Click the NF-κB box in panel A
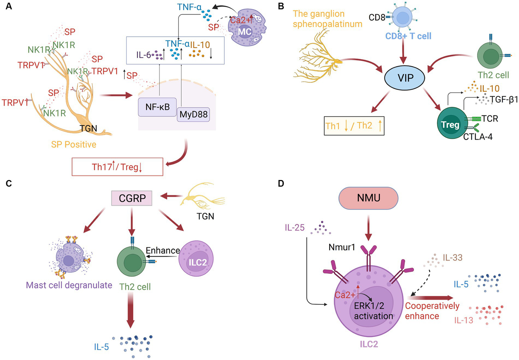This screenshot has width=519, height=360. pyautogui.click(x=157, y=107)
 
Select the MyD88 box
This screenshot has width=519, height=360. pyautogui.click(x=193, y=114)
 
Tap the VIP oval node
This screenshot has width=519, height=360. pyautogui.click(x=405, y=78)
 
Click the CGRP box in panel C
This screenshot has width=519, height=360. pyautogui.click(x=132, y=198)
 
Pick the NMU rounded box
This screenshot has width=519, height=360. pyautogui.click(x=369, y=198)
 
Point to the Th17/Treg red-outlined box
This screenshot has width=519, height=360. pyautogui.click(x=117, y=167)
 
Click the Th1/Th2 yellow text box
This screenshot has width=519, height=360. pyautogui.click(x=354, y=126)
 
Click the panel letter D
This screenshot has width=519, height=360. pyautogui.click(x=281, y=183)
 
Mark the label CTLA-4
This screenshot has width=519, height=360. pyautogui.click(x=477, y=137)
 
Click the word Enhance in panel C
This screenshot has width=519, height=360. pyautogui.click(x=163, y=250)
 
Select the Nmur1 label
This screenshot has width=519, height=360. pyautogui.click(x=342, y=247)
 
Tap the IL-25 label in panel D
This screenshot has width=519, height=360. pyautogui.click(x=294, y=228)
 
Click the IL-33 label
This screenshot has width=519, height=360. pyautogui.click(x=452, y=258)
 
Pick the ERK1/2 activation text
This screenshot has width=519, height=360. pyautogui.click(x=373, y=311)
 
